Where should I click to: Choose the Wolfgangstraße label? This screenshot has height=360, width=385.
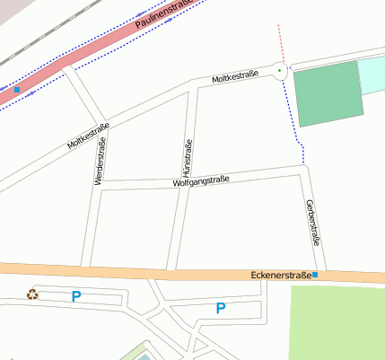coord(201,181)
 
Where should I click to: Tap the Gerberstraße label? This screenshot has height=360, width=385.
coord(313,223)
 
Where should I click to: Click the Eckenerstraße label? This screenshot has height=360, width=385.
coord(281,275)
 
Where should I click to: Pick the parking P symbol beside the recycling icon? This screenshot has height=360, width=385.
coord(76,295)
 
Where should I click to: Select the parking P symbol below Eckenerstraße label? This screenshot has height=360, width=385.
coord(221,309)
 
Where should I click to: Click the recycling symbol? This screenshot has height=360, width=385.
coord(33,294)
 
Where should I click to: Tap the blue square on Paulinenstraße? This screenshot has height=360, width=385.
coord(16,90)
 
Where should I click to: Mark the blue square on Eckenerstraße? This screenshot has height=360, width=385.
coord(315,275)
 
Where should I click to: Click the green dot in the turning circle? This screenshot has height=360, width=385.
coord(279,70)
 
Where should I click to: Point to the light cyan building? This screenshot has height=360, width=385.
coord(372,76)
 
